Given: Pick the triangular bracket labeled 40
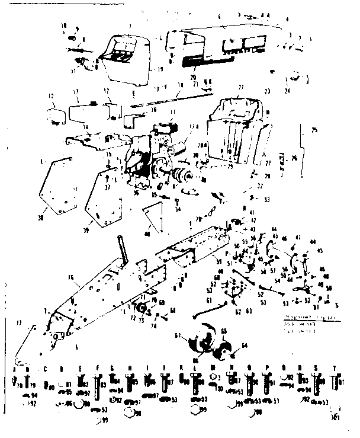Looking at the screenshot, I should (x=155, y=216).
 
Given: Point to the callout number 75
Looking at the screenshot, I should (x=314, y=130).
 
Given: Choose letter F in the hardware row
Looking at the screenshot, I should (x=97, y=368).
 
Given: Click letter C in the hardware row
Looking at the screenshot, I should (x=46, y=368).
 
